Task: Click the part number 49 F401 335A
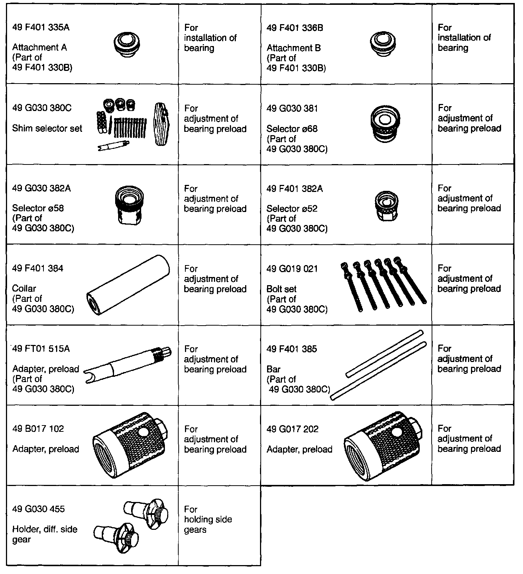click(41, 27)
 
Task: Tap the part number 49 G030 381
click(292, 108)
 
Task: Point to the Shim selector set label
click(47, 128)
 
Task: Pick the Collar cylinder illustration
click(128, 284)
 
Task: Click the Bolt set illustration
click(383, 284)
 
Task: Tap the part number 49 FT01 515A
click(41, 349)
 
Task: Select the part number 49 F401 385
click(292, 349)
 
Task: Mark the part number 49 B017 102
click(38, 429)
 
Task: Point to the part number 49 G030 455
click(38, 509)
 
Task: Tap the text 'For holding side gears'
click(208, 519)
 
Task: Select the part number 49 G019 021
click(292, 269)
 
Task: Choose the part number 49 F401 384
click(38, 268)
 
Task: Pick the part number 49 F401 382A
click(295, 189)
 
